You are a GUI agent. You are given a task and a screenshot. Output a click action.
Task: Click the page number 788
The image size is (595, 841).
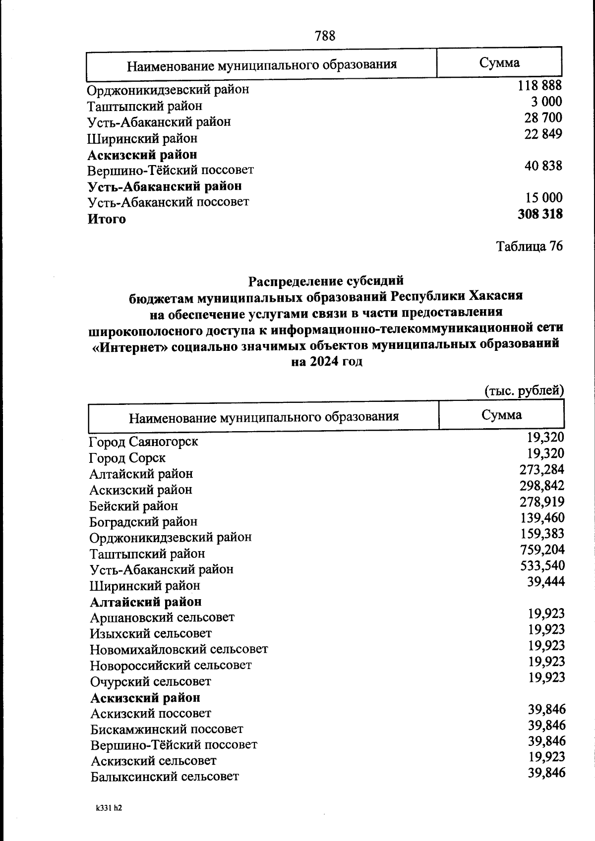[x=325, y=36]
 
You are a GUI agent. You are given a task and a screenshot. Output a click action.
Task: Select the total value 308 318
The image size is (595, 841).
[x=540, y=214]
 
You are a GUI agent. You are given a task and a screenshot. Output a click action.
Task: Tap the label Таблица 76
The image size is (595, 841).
[x=530, y=246]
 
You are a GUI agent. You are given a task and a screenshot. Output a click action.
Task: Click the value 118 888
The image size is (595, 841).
[x=540, y=86]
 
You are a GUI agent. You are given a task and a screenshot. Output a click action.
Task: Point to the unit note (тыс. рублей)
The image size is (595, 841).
[x=524, y=391]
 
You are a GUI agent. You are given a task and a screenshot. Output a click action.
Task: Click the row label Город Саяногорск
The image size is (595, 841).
[x=144, y=441]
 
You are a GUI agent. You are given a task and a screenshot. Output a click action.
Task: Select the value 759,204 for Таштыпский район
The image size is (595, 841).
[x=542, y=550]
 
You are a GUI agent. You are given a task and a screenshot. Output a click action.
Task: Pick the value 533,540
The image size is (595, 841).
[x=542, y=565]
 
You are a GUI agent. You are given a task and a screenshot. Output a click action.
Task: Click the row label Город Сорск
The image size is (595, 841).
[x=127, y=457]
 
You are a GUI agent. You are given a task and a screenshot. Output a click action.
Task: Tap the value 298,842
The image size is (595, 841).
[x=542, y=486]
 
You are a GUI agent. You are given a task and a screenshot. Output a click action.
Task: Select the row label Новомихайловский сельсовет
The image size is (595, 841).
[x=179, y=649]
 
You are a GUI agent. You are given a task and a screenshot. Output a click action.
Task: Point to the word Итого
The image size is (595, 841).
[x=107, y=219]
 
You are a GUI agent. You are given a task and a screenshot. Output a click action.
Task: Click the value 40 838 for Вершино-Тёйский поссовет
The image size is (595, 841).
[x=543, y=166]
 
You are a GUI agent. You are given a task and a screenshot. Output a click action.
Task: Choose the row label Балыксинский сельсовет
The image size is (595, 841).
[x=165, y=776]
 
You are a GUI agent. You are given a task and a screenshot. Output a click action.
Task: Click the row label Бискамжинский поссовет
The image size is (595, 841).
[x=167, y=729]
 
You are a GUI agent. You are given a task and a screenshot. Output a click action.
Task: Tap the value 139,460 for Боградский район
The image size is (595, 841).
[x=542, y=518]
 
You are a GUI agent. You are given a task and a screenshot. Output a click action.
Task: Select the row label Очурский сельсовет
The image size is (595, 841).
[x=151, y=681]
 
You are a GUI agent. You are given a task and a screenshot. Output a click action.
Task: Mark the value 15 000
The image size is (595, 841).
[x=544, y=198]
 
